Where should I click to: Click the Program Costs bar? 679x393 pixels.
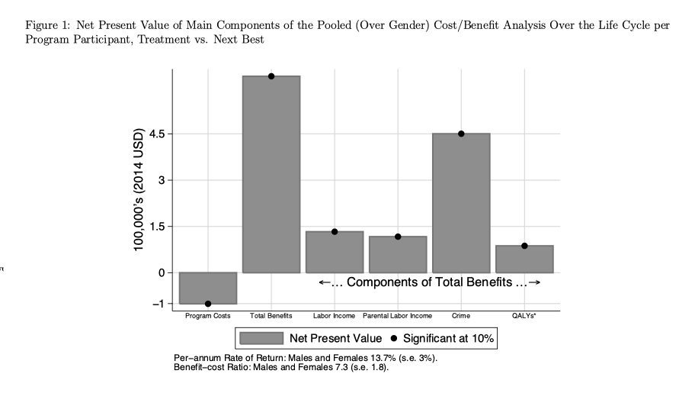[207, 288]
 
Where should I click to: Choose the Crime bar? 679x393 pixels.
[460, 203]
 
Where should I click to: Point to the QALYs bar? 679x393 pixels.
[524, 259]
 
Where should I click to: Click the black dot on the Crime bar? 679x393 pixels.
[461, 134]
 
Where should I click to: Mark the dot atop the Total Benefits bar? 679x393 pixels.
[271, 76]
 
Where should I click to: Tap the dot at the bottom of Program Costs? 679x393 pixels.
[208, 304]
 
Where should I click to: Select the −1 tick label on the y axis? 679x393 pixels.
[159, 304]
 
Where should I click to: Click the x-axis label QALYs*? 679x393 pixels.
[524, 315]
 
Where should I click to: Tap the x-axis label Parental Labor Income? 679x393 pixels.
[397, 315]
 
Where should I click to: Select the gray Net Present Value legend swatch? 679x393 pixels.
[261, 337]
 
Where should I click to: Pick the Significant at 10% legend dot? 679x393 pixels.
[394, 337]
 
